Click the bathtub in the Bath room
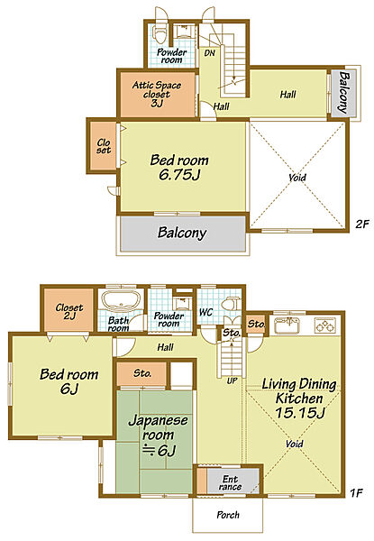tap(121, 300)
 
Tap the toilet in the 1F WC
tap(229, 304)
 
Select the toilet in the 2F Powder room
tap(160, 34)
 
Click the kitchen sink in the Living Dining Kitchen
tap(287, 326)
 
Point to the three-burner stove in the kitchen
tap(324, 325)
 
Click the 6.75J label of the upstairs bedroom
tap(179, 175)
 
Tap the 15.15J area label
tap(300, 412)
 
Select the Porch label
tap(228, 515)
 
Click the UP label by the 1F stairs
tap(232, 381)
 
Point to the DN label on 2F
tap(210, 53)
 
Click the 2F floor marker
tap(362, 225)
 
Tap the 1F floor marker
tap(356, 493)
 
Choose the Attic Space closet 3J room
tap(158, 94)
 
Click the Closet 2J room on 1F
tap(68, 310)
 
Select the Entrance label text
tap(230, 482)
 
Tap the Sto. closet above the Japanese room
tap(141, 373)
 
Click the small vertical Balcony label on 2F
tap(344, 92)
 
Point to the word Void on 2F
tap(297, 178)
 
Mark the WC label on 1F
tap(206, 312)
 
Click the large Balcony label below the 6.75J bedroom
tap(182, 233)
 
